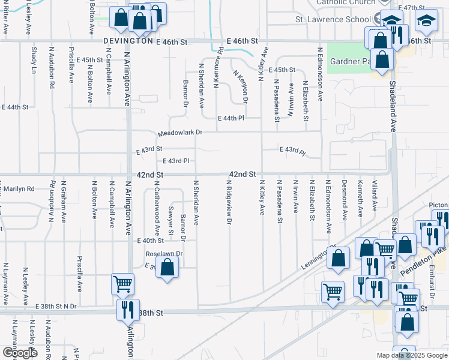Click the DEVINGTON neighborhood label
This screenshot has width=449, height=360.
click(x=128, y=41)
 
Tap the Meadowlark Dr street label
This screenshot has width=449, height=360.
click(x=181, y=133)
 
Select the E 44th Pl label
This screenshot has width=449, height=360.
click(x=231, y=118)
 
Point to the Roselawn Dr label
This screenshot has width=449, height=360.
click(x=168, y=253)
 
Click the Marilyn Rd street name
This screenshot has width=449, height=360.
click(x=17, y=188)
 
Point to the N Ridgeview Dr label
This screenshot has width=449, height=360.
click(x=229, y=202)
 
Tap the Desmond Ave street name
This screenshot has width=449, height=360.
click(x=344, y=199)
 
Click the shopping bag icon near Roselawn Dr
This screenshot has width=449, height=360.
click(x=167, y=268)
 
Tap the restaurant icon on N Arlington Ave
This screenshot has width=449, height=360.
click(x=128, y=310)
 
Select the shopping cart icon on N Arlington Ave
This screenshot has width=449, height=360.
click(x=122, y=284)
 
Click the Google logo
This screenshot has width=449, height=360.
click(x=19, y=353)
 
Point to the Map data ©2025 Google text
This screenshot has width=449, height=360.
click(x=412, y=355)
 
